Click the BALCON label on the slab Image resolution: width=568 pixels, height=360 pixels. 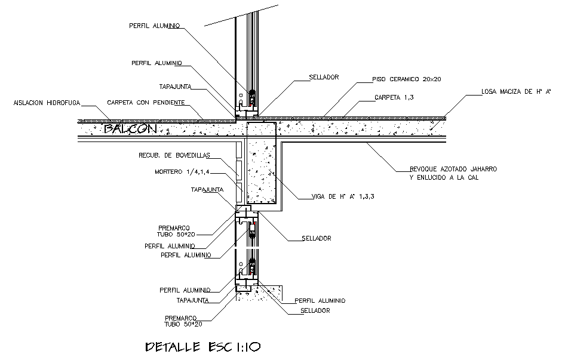[130, 128]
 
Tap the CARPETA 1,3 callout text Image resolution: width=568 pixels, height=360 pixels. [394, 97]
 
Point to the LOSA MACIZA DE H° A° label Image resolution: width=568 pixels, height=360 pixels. [515, 92]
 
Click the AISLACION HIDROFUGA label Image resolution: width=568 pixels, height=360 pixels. [47, 103]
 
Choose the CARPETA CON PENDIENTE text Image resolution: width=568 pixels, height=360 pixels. [145, 103]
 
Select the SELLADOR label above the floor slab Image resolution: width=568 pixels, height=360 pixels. [324, 77]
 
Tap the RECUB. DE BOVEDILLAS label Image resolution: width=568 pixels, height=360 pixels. [174, 156]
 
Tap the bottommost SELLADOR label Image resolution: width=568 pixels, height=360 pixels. [315, 310]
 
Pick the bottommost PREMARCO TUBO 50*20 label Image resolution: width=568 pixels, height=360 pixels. [183, 321]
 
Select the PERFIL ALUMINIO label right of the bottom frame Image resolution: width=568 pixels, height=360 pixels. [320, 300]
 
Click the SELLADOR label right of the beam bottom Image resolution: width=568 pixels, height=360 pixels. [317, 238]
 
